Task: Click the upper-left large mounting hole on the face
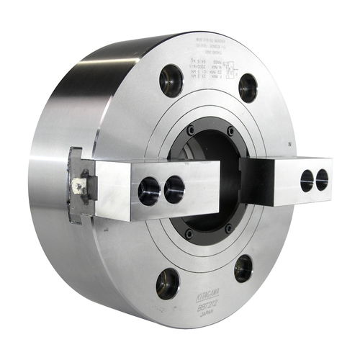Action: point(171,80)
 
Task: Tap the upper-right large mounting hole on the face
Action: point(248,87)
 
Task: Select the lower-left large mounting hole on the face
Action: point(168,283)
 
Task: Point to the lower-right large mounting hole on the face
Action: point(243,269)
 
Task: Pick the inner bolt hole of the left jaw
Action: point(174,189)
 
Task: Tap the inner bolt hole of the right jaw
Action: point(307,181)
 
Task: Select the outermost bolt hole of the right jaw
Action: point(322,179)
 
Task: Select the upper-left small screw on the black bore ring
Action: point(190,131)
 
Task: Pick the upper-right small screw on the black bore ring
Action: point(230,132)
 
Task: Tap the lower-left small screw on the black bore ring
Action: point(189,233)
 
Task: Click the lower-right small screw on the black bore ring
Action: point(228,228)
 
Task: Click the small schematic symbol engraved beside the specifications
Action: point(230,71)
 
